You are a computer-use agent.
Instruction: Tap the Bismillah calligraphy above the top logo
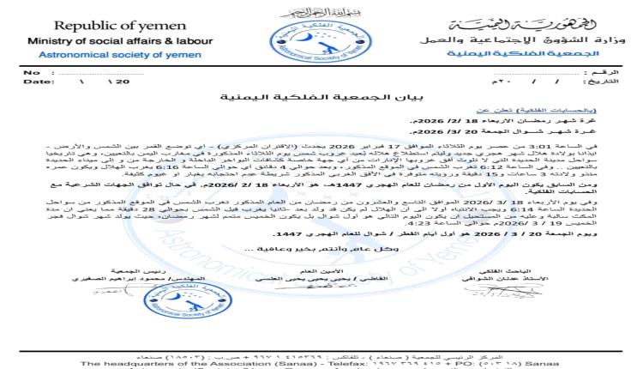pos(309,10)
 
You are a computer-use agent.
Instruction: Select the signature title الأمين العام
pos(329,269)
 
